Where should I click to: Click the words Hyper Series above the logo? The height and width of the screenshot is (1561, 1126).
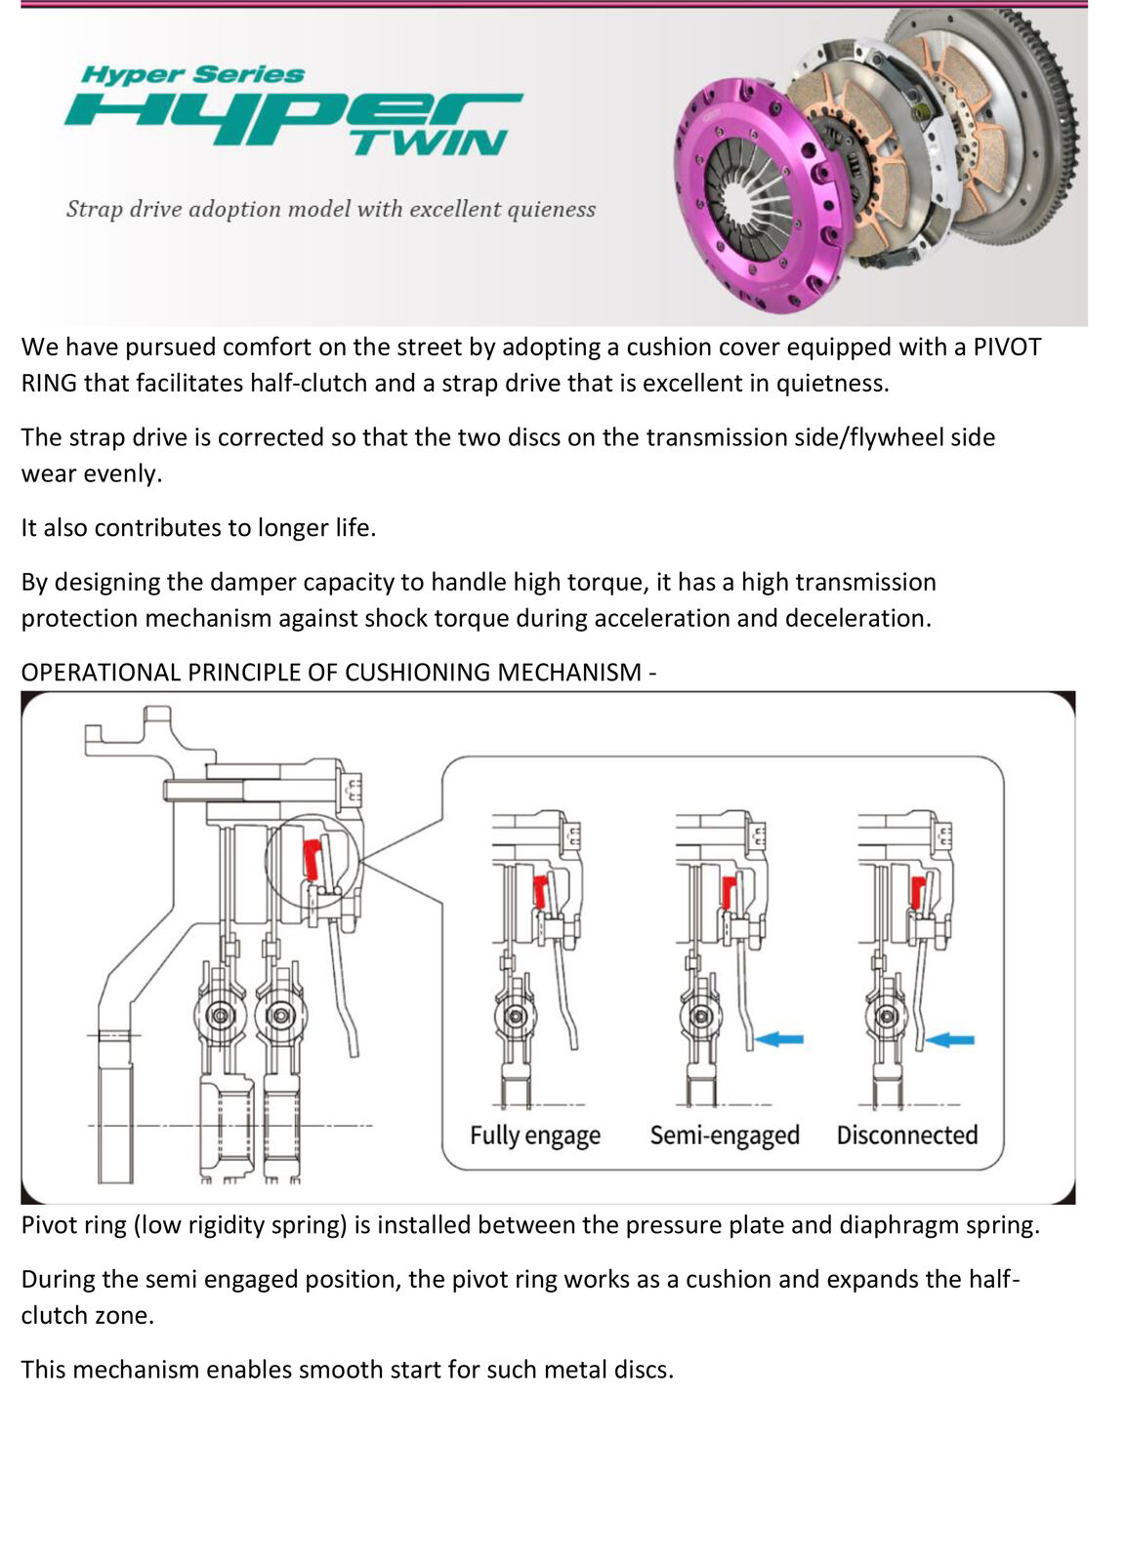(193, 74)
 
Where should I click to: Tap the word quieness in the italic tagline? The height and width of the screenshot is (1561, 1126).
(551, 209)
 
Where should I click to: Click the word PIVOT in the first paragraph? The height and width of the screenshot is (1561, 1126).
(1007, 348)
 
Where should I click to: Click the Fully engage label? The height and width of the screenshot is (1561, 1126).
(534, 1135)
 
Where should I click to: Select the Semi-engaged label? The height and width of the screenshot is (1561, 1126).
(725, 1135)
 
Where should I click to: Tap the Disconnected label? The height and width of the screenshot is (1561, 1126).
(906, 1135)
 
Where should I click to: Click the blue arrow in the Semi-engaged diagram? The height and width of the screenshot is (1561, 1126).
(780, 1039)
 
